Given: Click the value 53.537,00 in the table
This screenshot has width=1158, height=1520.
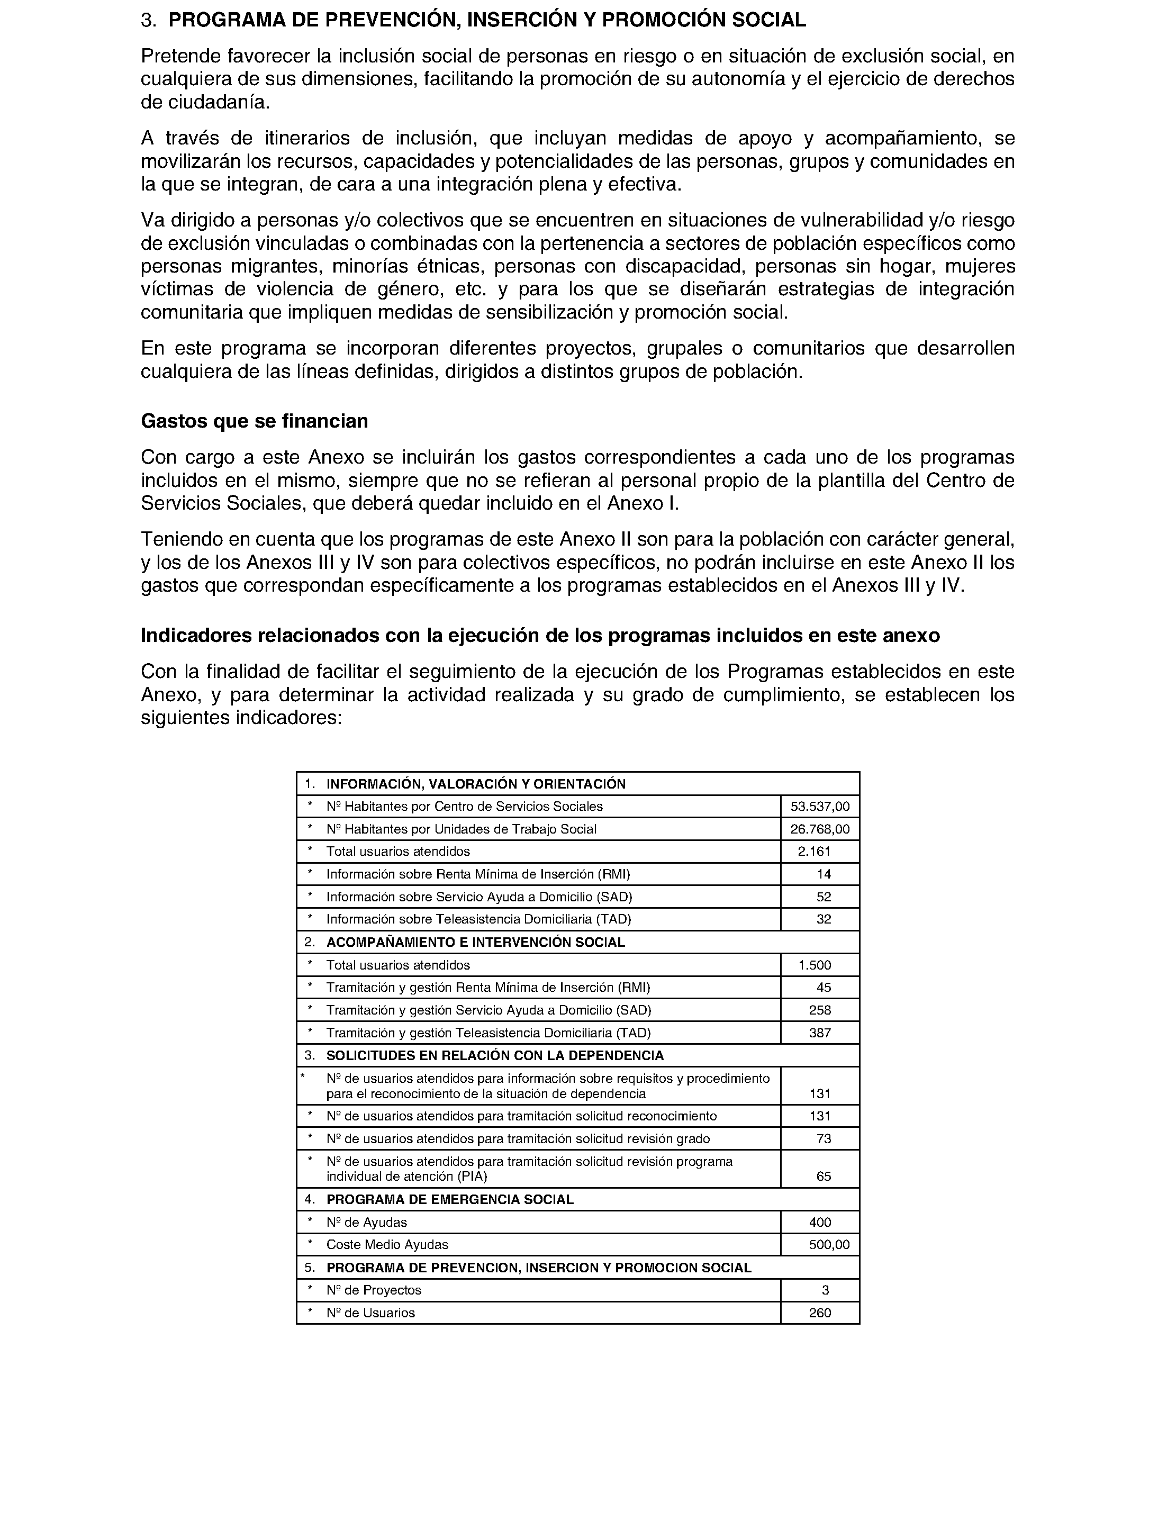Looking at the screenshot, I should [820, 807].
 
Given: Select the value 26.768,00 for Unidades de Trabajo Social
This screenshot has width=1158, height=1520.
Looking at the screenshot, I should [820, 829].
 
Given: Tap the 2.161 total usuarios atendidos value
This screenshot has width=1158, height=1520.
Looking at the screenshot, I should [814, 852].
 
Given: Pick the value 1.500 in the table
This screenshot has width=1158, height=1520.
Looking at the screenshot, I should [815, 965].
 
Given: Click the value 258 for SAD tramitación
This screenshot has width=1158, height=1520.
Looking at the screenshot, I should [820, 1010].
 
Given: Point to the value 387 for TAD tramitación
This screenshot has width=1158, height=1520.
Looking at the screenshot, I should [820, 1033].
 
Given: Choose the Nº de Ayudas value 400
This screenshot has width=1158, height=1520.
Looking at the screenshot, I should [820, 1222].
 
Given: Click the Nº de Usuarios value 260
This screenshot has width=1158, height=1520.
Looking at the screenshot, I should [820, 1313].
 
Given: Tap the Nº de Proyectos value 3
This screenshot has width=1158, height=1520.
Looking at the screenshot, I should [825, 1290].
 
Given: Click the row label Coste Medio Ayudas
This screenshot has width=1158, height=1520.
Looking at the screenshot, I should [387, 1245].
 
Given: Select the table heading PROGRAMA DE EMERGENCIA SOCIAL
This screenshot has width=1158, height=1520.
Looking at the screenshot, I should [449, 1199].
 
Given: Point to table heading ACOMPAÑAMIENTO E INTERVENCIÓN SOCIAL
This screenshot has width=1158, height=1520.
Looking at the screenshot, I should [476, 943].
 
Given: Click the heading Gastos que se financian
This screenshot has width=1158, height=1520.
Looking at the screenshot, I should [255, 421].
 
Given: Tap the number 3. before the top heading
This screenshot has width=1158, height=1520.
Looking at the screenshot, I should [148, 21].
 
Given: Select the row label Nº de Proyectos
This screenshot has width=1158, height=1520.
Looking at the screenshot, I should [374, 1290].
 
